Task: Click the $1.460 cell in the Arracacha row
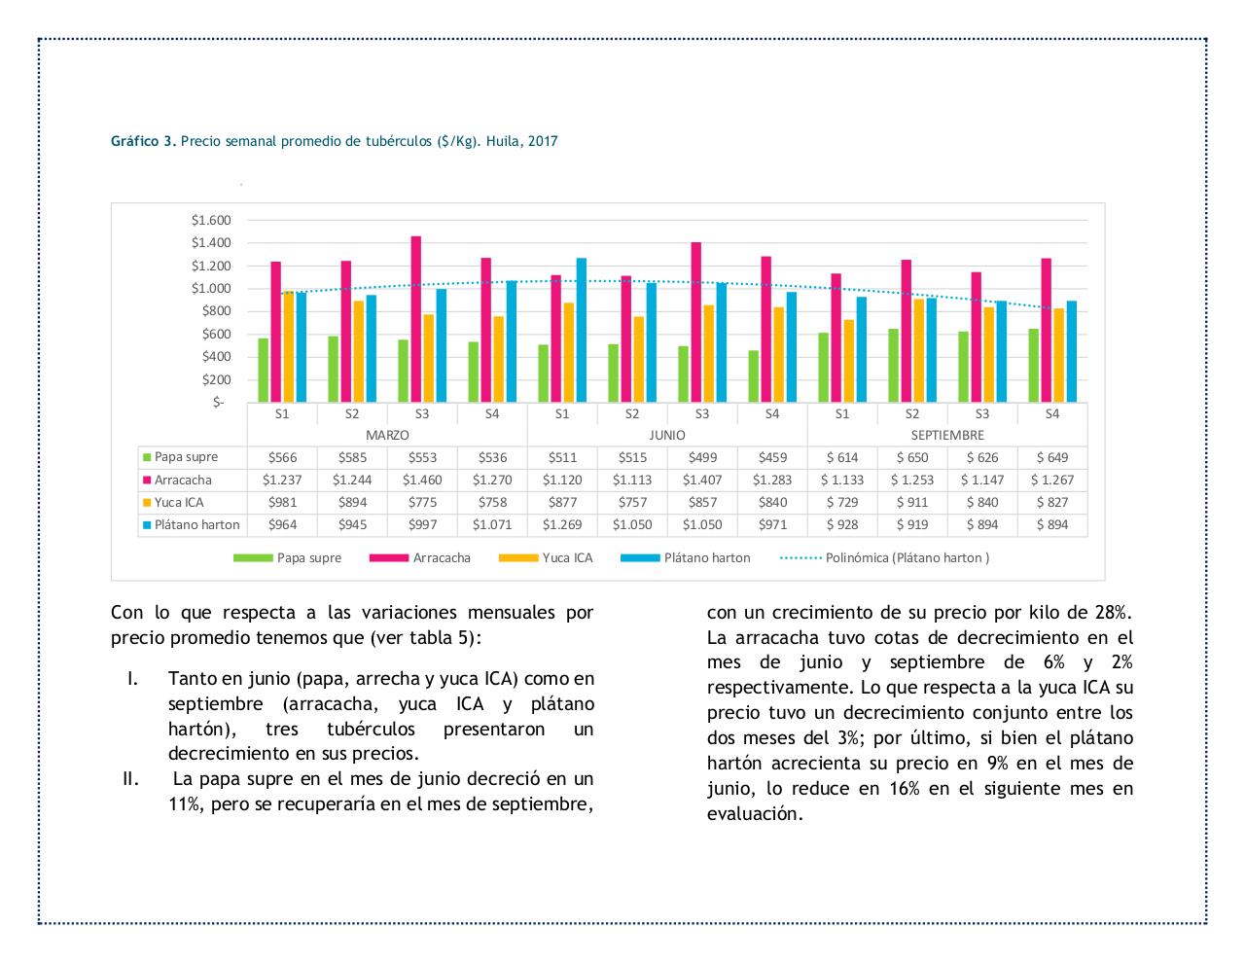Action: [422, 480]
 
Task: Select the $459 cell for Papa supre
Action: [772, 457]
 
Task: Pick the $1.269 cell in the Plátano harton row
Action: [562, 524]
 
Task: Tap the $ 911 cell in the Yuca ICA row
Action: [912, 502]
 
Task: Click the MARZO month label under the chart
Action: [387, 435]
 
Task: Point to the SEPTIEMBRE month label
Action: [947, 435]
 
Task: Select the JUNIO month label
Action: [667, 435]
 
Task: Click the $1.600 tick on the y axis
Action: [211, 220]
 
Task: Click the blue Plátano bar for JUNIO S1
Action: [581, 330]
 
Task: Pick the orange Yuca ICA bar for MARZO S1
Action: [288, 346]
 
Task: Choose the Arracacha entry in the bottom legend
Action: [441, 558]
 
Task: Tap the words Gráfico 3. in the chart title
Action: [144, 141]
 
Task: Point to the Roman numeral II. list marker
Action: [131, 779]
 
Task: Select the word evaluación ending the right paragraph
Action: [755, 814]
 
